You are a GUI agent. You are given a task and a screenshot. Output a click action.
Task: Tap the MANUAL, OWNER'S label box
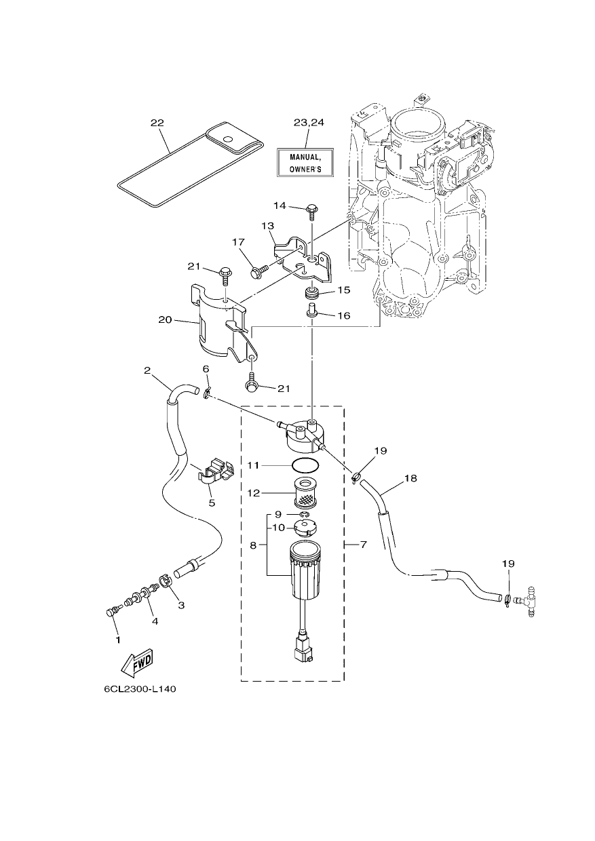305,162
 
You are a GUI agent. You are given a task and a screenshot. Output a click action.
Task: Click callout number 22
158,123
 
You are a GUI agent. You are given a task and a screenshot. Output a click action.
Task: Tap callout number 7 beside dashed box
363,544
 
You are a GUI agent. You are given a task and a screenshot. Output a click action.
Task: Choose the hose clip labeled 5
216,469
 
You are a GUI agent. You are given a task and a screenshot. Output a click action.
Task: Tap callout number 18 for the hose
411,479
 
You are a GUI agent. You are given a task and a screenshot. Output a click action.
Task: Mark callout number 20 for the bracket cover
165,319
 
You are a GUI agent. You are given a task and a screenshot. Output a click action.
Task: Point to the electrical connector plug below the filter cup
303,650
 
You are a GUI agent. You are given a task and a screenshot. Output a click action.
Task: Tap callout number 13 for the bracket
268,226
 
